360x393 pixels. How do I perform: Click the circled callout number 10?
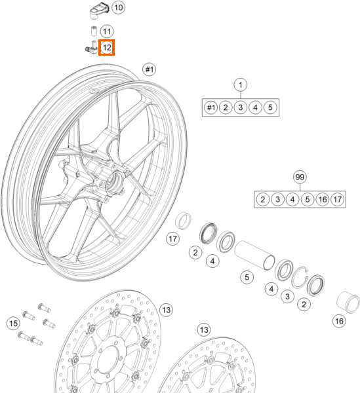pyautogui.click(x=118, y=8)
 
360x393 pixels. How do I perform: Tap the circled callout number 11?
pyautogui.click(x=107, y=31)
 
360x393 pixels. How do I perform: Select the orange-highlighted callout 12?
pyautogui.click(x=107, y=47)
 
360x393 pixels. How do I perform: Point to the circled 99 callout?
pyautogui.click(x=300, y=178)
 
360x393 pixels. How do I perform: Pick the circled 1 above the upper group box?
pyautogui.click(x=241, y=84)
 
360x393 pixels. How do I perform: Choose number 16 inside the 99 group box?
pyautogui.click(x=322, y=198)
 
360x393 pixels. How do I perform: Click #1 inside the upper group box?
pyautogui.click(x=210, y=107)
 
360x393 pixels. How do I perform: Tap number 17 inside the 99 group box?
pyautogui.click(x=338, y=198)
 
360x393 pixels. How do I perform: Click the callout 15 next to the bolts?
pyautogui.click(x=12, y=322)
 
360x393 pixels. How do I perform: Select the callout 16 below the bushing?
pyautogui.click(x=339, y=321)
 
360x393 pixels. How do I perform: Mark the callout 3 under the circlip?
pyautogui.click(x=287, y=297)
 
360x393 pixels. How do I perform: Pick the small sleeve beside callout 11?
pyautogui.click(x=94, y=31)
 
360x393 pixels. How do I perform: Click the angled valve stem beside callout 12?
pyautogui.click(x=91, y=47)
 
